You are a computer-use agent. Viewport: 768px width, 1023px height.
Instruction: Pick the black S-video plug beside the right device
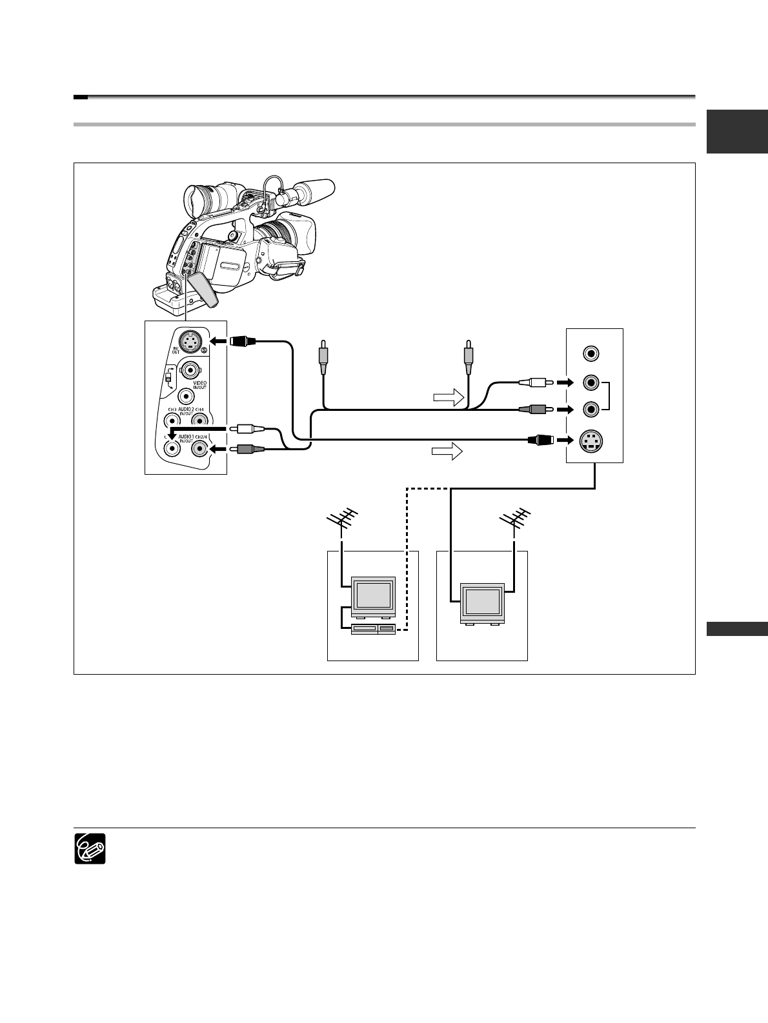541,441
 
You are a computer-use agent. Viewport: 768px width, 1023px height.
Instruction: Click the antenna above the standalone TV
514,520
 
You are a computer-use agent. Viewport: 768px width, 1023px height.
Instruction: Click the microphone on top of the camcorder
312,190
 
